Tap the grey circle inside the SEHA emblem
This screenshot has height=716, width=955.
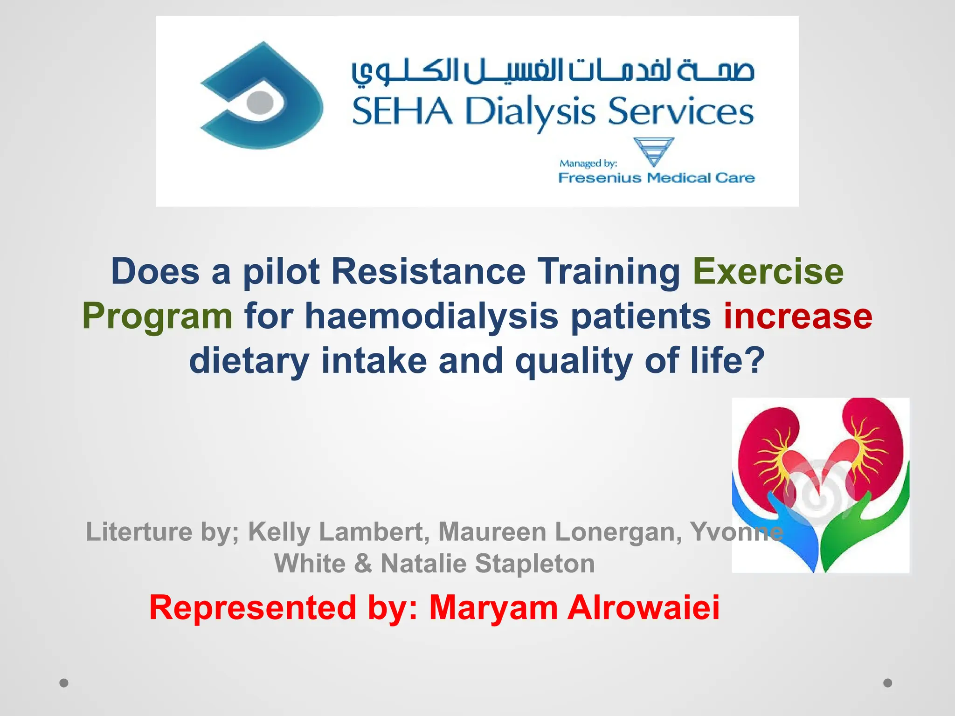click(x=260, y=102)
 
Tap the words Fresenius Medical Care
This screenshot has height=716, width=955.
click(x=656, y=178)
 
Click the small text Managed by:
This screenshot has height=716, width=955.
click(x=588, y=163)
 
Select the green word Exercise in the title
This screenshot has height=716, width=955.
click(x=768, y=271)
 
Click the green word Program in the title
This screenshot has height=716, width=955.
click(x=157, y=316)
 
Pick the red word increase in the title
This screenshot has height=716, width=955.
click(x=797, y=316)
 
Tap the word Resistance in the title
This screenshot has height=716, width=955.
click(x=429, y=271)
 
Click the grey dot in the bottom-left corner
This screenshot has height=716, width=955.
click(x=64, y=683)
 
